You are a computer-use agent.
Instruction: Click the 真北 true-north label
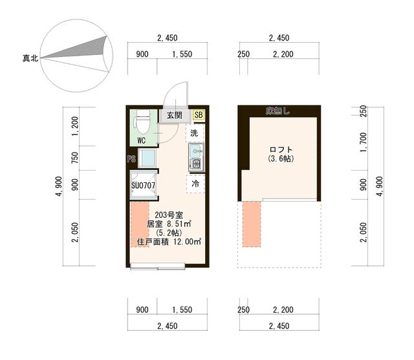click(x=30, y=59)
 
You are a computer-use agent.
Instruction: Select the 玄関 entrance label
click(x=174, y=115)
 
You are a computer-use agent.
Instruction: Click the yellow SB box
click(x=199, y=115)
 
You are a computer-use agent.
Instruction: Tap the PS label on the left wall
click(x=131, y=159)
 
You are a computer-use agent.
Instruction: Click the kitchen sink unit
click(x=196, y=158)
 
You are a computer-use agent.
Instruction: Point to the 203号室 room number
click(x=168, y=215)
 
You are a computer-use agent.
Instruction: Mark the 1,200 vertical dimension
click(x=76, y=127)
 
